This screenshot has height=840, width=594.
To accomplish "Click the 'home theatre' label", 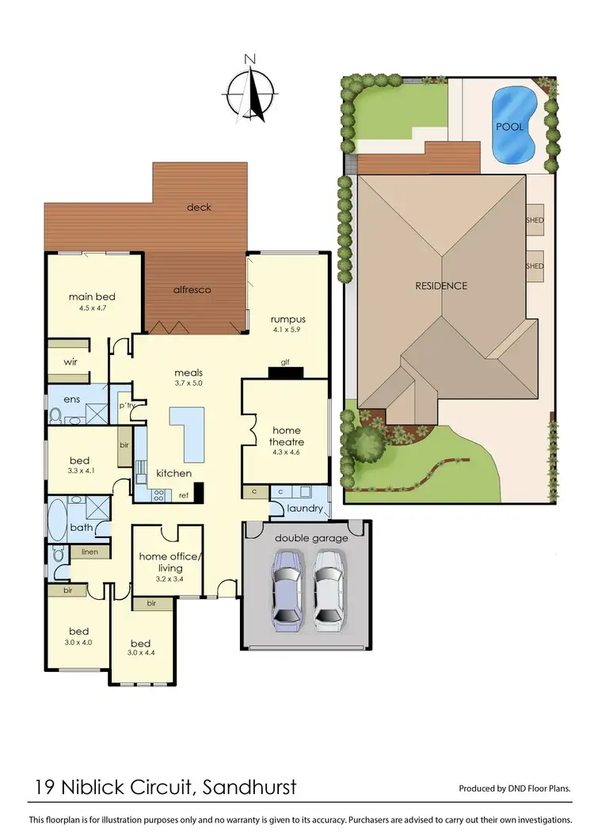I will (287, 436).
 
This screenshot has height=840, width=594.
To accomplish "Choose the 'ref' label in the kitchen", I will (183, 495).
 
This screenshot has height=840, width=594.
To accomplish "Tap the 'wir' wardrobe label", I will (70, 362).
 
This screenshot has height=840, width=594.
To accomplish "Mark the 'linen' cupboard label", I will (89, 551).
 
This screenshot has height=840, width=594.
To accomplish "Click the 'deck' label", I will (199, 207).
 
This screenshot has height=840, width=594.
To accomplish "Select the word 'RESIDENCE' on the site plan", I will (441, 285).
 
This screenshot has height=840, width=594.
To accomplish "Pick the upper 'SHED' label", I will (535, 220).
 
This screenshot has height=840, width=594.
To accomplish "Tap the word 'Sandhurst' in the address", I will (250, 787).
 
